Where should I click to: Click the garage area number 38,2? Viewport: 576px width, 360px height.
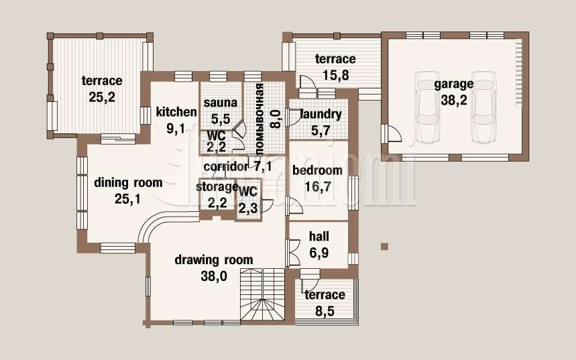[x=454, y=101]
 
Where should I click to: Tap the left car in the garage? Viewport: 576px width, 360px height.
[x=428, y=107]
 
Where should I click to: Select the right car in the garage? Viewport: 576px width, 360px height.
[x=485, y=107]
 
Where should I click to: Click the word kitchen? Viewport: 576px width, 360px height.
[x=176, y=112]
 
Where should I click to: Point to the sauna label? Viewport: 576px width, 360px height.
[x=221, y=103]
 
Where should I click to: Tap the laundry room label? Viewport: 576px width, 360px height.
[x=321, y=115]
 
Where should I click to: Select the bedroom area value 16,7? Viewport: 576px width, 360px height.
[x=318, y=187]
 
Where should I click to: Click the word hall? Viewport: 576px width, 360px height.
[x=319, y=236]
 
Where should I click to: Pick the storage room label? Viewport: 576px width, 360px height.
[x=217, y=187]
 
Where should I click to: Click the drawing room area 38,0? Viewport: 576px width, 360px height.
[x=214, y=276]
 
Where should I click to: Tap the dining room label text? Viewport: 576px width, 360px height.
[x=128, y=182]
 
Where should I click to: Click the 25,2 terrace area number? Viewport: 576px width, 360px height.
[x=102, y=97]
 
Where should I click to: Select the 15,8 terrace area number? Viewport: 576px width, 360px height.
[x=336, y=75]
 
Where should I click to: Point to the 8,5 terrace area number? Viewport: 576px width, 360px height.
[x=325, y=311]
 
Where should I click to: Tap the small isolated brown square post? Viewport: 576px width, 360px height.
[x=384, y=247]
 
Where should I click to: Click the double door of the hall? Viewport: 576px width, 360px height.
[x=294, y=253]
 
